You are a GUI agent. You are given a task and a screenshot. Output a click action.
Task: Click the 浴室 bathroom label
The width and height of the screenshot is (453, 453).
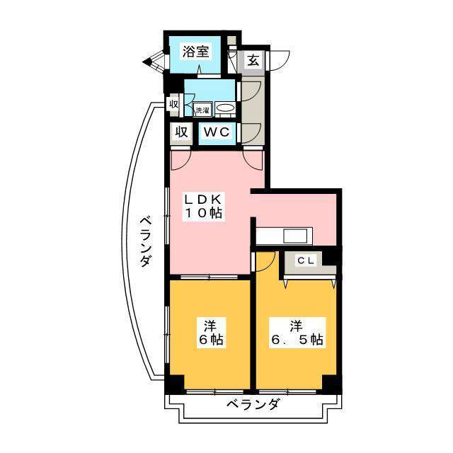tap(195, 51)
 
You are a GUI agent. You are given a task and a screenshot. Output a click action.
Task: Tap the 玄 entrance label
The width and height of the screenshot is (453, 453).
tap(253, 60)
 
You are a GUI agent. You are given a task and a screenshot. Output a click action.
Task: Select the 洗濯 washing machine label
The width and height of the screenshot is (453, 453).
tap(202, 110)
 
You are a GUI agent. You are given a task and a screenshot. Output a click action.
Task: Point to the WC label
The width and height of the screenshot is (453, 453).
tap(215, 132)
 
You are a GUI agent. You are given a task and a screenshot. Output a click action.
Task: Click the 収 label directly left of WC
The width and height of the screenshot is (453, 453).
tap(181, 132)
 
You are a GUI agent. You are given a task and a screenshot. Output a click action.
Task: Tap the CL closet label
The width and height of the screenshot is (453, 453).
tap(305, 260)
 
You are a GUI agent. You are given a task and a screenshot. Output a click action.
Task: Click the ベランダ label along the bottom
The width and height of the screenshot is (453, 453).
tap(253, 406)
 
